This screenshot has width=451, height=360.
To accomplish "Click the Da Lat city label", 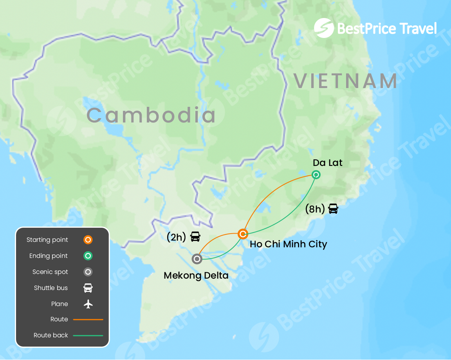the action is [328, 162].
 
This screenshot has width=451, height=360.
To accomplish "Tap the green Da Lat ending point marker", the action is [316, 175].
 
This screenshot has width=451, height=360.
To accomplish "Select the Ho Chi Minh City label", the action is [288, 244].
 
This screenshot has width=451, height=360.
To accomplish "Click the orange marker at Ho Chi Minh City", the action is [243, 234].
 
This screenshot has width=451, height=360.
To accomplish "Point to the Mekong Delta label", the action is [196, 275].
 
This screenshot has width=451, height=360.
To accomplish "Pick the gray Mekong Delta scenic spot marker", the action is [197, 259].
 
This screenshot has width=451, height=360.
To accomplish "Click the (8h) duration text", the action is [315, 209].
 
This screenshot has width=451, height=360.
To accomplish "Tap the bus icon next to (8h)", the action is [333, 209].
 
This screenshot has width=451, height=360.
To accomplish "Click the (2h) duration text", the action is [176, 237].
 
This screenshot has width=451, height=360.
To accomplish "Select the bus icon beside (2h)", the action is [195, 236].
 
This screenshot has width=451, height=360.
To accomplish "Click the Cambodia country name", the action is [151, 115].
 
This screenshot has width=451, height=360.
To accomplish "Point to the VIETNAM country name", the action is [346, 81].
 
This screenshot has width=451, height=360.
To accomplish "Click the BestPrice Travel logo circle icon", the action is [324, 28].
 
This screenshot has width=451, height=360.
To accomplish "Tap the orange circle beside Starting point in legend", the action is [88, 239].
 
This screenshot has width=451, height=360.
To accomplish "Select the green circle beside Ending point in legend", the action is [88, 256].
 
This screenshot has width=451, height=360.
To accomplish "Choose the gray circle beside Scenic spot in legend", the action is [88, 272].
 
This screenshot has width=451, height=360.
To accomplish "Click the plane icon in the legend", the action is [88, 304].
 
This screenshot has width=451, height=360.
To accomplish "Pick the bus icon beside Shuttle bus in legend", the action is [88, 288].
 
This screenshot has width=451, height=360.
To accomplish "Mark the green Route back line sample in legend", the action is [88, 335].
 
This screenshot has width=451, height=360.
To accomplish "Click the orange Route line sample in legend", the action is [88, 319].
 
